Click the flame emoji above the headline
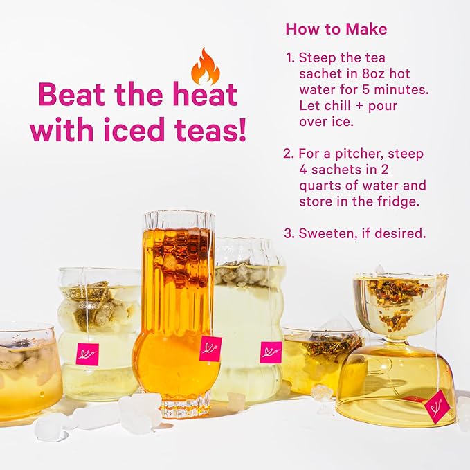(x=205, y=66)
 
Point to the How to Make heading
(x=336, y=29)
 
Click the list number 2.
(x=288, y=154)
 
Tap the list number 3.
(x=288, y=233)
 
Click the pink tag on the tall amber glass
(x=210, y=348)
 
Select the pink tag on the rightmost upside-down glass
(x=437, y=406)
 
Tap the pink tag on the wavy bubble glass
(x=271, y=352)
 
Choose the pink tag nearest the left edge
(x=87, y=354)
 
